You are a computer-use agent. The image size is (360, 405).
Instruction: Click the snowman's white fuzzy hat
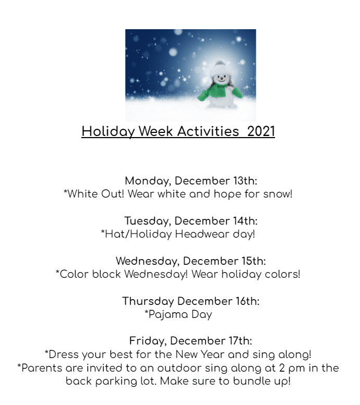(x=219, y=68)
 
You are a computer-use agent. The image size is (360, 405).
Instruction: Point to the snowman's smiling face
(x=221, y=78)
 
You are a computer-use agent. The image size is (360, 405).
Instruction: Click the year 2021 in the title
(x=261, y=131)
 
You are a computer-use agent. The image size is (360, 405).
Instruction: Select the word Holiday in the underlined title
(x=109, y=132)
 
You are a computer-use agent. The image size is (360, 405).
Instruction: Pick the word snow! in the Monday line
(x=278, y=194)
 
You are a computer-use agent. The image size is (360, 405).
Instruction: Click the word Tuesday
(x=148, y=222)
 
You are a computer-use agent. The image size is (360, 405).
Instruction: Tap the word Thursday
(x=148, y=301)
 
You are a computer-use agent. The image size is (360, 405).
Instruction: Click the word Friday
(x=148, y=341)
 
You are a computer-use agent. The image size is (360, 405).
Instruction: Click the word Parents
(x=42, y=368)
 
